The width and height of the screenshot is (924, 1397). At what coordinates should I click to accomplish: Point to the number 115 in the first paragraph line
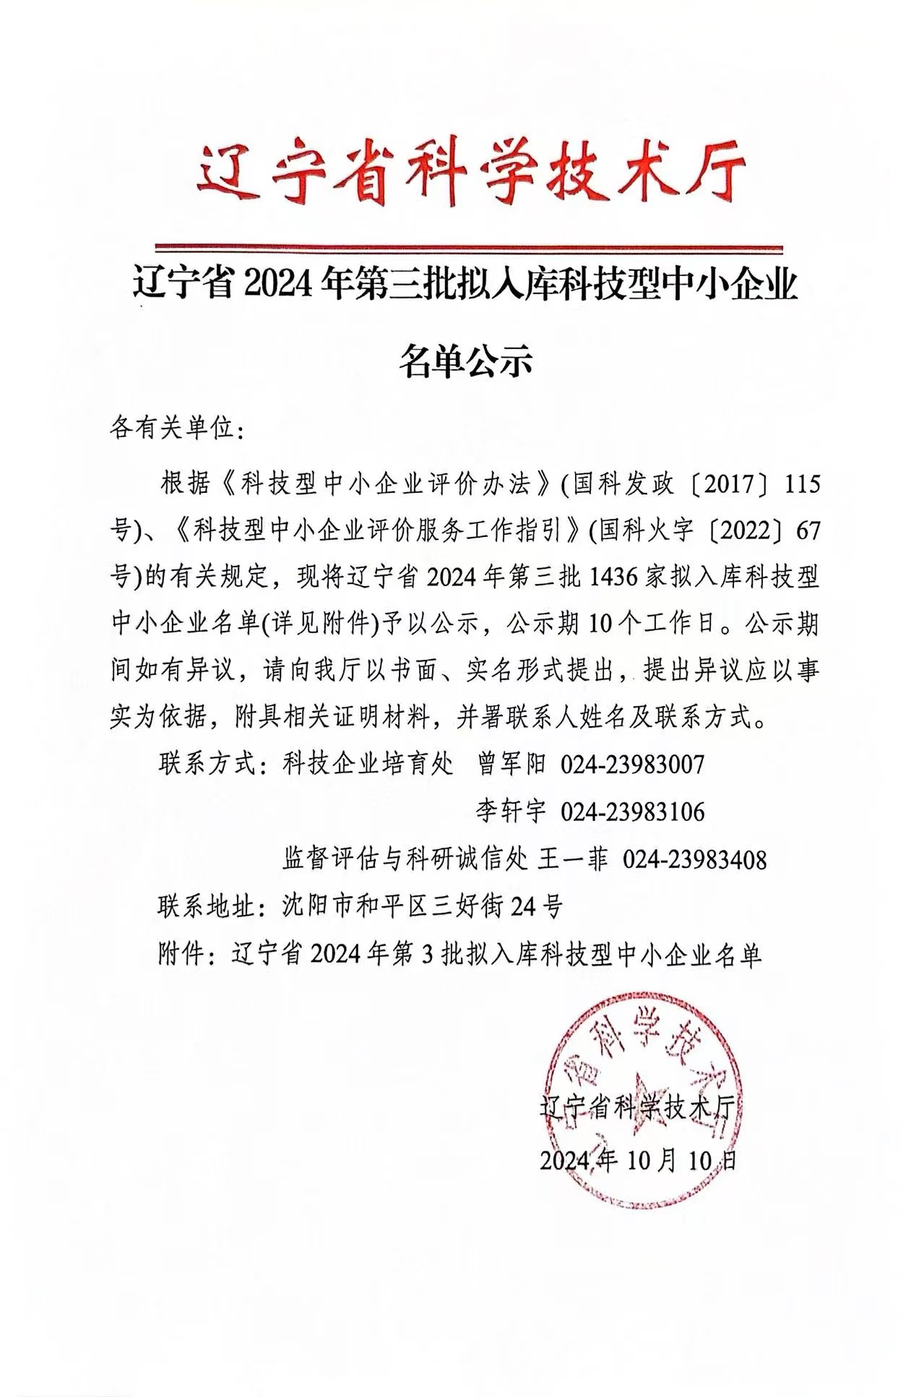(x=803, y=484)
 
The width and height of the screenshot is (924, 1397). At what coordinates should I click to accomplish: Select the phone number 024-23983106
(x=632, y=812)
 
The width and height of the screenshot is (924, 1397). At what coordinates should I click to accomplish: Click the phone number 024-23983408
(x=694, y=859)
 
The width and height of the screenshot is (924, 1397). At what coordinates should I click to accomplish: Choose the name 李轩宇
(x=511, y=812)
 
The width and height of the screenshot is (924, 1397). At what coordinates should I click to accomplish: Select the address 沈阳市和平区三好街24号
(x=422, y=906)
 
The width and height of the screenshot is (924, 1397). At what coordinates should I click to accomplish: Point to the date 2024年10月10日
(x=638, y=1161)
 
